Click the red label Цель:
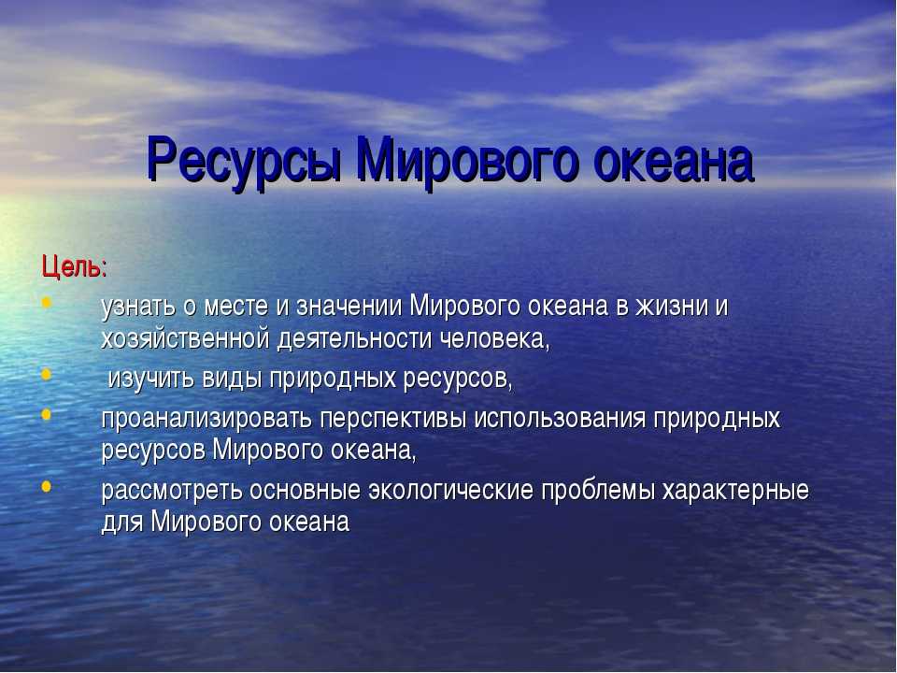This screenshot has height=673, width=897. pos(75,267)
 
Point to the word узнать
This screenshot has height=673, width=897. pos(138,308)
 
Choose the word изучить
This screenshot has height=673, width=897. pos(151,379)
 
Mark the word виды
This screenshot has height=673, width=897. pos(232,379)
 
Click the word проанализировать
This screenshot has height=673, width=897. pos(206,419)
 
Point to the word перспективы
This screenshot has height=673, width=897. pos(393,420)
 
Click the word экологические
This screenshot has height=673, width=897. pos(450,491)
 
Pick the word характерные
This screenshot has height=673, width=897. pos(735,491)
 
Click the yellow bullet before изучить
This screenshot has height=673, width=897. pos(47,374)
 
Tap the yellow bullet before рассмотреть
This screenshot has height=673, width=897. pos(47,486)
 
